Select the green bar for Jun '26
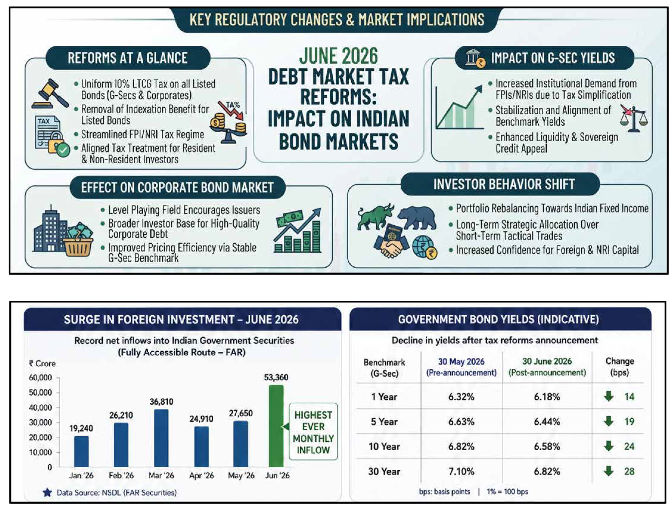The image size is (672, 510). click(x=276, y=426)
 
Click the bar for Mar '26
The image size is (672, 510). click(x=161, y=438)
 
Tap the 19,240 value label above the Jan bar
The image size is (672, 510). click(x=81, y=428)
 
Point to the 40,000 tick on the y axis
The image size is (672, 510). click(x=40, y=407)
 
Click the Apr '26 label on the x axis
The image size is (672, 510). click(x=201, y=475)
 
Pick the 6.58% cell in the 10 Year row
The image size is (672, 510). click(x=547, y=446)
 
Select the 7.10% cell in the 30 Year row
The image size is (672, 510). click(x=461, y=471)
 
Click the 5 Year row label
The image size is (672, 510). click(x=384, y=422)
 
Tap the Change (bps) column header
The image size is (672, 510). click(x=619, y=367)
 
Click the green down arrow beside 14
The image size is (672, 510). click(x=608, y=396)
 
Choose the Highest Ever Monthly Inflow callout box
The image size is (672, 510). click(x=313, y=431)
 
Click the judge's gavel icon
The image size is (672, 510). click(x=50, y=94)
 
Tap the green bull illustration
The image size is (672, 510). click(x=375, y=217)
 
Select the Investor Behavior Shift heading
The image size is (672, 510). click(x=504, y=184)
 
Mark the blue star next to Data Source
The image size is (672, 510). click(x=47, y=492)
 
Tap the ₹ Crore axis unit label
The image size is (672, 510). click(x=42, y=363)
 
